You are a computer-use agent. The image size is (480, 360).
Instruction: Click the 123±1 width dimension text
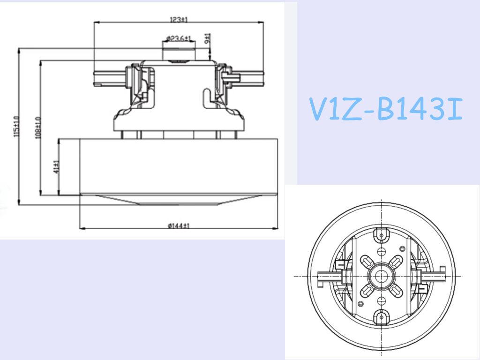click(178, 19)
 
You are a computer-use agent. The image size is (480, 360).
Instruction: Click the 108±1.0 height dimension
click(38, 127)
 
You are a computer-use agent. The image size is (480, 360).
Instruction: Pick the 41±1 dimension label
click(56, 167)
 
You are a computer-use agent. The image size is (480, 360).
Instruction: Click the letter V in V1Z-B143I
click(319, 110)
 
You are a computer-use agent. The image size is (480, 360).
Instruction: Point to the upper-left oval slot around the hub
click(366, 261)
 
